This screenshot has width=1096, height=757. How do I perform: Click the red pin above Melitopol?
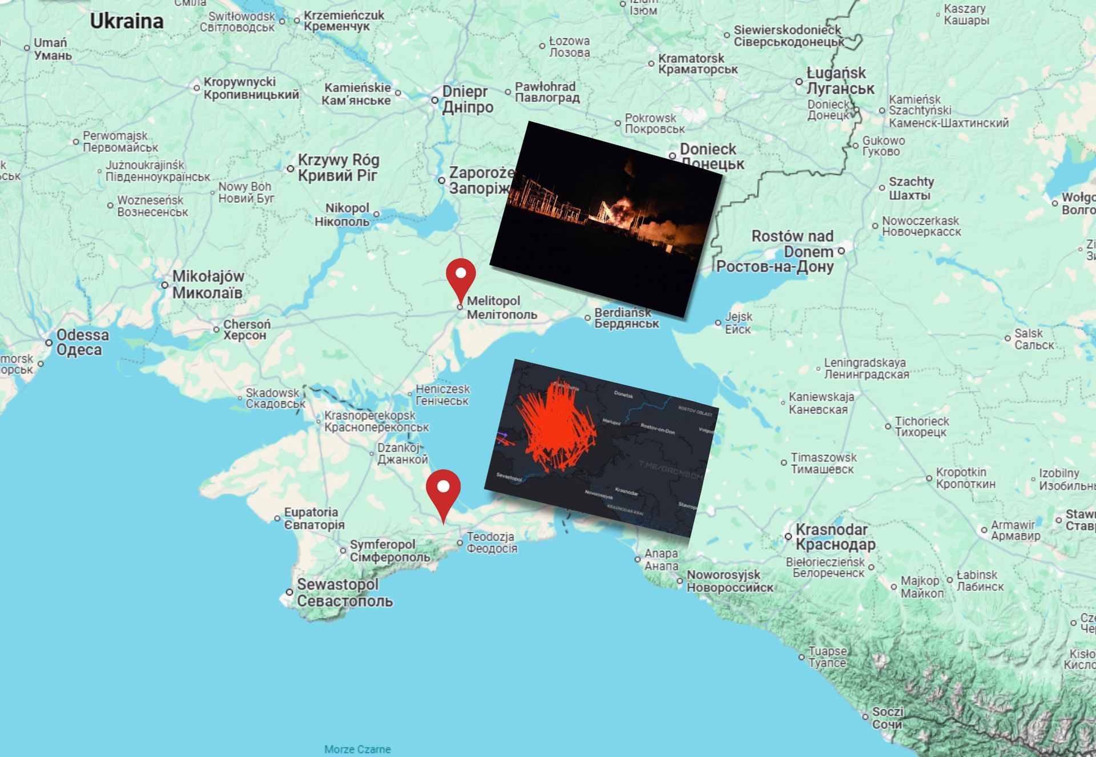461,277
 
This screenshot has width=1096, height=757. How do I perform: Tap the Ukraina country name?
127,22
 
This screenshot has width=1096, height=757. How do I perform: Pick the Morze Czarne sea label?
357,749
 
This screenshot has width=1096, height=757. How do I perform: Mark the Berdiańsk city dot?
587,318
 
